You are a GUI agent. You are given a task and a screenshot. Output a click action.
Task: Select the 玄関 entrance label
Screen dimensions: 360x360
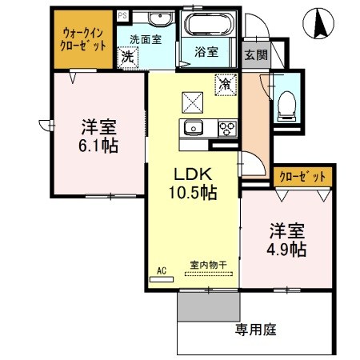pyautogui.click(x=256, y=54)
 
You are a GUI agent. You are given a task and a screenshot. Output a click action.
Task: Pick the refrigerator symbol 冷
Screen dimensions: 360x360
pyautogui.click(x=226, y=82)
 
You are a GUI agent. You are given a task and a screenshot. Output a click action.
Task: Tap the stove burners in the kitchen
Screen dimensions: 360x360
pyautogui.click(x=226, y=128)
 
